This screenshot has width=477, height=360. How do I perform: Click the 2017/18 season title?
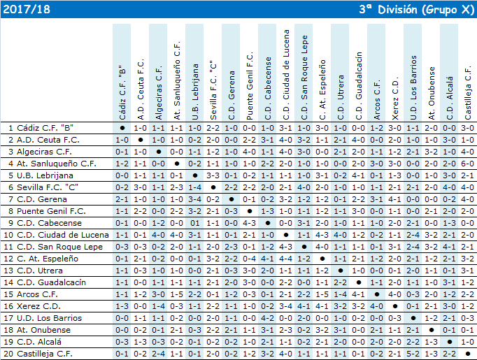[x=27, y=9]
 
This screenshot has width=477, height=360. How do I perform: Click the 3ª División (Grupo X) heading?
[x=416, y=9]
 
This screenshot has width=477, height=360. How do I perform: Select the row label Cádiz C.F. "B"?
[x=45, y=128]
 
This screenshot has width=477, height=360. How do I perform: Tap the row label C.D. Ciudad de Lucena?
[x=63, y=235]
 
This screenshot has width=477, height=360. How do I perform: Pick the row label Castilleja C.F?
[x=45, y=354]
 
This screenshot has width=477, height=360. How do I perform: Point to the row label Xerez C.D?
[x=38, y=306]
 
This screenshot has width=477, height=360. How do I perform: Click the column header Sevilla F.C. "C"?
[x=213, y=90]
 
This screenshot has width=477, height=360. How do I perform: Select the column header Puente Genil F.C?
[x=250, y=86]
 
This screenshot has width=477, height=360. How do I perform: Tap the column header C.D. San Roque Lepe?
[x=304, y=78]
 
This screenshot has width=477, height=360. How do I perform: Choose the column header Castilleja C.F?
[x=468, y=93]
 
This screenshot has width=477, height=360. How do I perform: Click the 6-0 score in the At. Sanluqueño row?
[x=467, y=164]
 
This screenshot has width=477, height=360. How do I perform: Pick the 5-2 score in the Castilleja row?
[x=413, y=354]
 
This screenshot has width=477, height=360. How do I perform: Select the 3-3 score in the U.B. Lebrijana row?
[x=213, y=175]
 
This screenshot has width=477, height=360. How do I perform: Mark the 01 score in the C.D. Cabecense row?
[x=194, y=223]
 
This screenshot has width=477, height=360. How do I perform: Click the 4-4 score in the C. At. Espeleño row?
[x=285, y=259]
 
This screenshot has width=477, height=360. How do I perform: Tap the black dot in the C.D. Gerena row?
[x=232, y=199]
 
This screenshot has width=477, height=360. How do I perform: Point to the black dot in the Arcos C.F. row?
[x=377, y=294]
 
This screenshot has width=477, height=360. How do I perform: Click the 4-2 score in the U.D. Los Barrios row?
[x=267, y=318]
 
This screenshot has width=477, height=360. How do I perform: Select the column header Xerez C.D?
[x=395, y=101]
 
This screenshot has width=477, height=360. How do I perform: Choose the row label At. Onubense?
[x=43, y=330]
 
